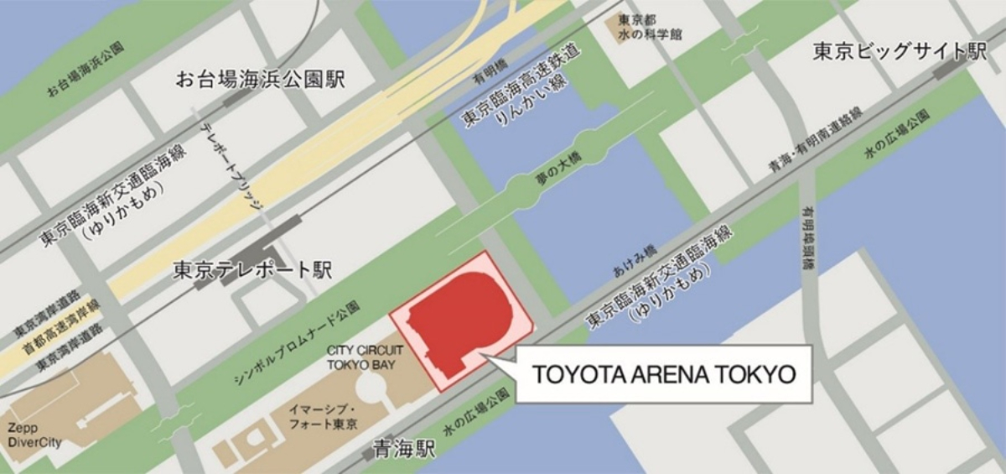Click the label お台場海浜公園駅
[x=260, y=81]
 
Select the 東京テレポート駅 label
[x=252, y=270]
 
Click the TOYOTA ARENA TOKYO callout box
[x=662, y=373]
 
